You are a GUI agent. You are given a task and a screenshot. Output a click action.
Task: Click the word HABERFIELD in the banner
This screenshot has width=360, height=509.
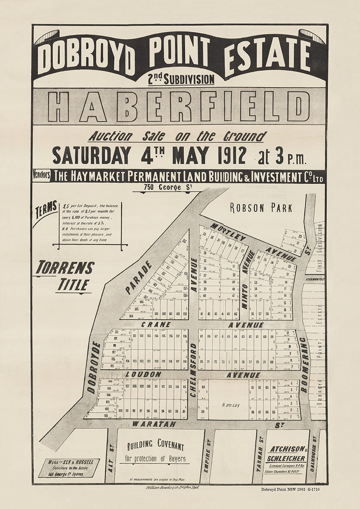tap(179, 106)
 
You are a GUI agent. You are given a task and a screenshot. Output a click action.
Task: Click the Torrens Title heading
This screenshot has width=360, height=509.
tap(65, 276)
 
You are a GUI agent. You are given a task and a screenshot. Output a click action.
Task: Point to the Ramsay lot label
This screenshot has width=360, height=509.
tap(231, 405)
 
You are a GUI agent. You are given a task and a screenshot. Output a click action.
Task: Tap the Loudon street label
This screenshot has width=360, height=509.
tap(143, 375)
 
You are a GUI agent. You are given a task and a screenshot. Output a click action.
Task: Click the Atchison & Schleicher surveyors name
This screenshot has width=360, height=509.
tap(286, 454)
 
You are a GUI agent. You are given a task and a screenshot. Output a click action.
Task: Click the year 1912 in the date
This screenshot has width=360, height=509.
tap(230, 156)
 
